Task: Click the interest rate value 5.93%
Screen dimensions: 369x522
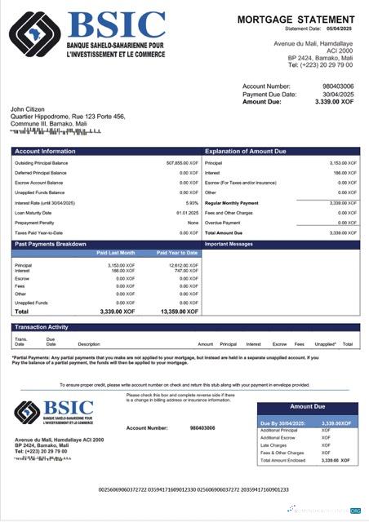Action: pos(192,202)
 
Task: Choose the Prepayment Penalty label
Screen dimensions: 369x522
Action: pos(33,222)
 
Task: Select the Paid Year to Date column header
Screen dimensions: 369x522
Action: pos(177,253)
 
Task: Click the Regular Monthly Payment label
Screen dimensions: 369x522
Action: pos(232,202)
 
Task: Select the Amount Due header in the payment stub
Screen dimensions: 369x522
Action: pos(307,406)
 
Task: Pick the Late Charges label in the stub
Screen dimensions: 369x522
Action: pos(272,445)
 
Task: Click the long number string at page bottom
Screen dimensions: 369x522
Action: pos(193,490)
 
